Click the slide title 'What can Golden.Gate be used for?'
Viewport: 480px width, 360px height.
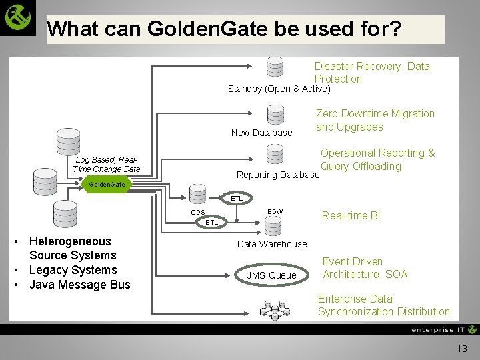(224, 29)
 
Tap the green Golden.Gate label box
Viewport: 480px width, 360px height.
(107, 183)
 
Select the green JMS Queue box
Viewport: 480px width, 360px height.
(271, 275)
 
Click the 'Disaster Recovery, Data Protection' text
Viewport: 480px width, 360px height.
(371, 72)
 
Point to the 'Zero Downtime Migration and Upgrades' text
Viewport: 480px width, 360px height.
(375, 120)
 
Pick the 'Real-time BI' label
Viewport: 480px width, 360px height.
(351, 215)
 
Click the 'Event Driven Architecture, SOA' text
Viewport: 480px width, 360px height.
(364, 268)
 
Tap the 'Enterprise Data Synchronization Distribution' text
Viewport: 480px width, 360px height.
(383, 305)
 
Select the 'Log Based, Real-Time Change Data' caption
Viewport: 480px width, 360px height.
(107, 164)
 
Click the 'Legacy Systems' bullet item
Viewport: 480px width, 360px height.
(73, 270)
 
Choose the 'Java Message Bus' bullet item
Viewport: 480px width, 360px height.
(79, 285)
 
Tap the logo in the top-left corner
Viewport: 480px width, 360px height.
(18, 18)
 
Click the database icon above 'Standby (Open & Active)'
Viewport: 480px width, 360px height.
(275, 67)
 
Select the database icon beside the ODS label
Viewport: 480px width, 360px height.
(199, 194)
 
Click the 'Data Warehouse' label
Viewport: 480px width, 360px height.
(272, 244)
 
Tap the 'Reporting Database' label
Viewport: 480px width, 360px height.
(278, 175)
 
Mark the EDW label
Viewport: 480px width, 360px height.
(275, 211)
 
